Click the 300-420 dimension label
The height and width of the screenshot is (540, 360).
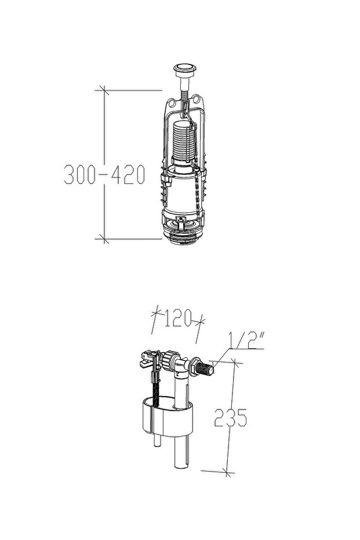click(x=104, y=175)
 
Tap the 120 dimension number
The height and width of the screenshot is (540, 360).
click(x=178, y=318)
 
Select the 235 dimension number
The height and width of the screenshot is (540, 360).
click(x=230, y=418)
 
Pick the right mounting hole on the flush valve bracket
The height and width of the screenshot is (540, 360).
click(x=197, y=99)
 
